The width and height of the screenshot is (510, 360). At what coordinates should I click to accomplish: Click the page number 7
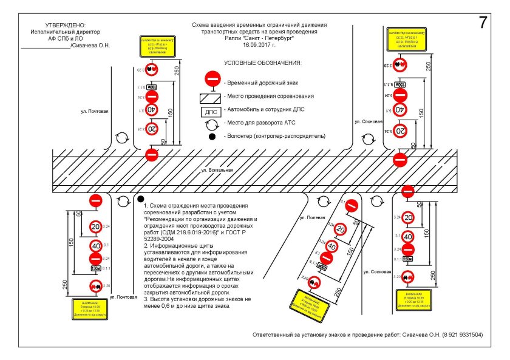(x=483, y=22)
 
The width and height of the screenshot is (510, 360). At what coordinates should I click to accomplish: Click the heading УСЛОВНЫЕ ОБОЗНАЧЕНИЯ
(x=262, y=63)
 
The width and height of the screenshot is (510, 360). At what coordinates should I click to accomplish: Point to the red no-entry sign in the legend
(x=212, y=80)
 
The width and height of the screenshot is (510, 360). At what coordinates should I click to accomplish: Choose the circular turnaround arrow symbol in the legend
(x=212, y=124)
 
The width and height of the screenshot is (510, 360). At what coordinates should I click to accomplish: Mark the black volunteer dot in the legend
(x=212, y=137)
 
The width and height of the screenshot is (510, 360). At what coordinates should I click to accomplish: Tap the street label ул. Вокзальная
(x=217, y=171)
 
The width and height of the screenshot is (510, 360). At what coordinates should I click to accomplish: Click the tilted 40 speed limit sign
(x=331, y=246)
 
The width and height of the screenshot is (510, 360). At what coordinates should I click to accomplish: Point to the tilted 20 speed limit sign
(x=341, y=229)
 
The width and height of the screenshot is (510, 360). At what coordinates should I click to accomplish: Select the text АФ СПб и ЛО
(x=59, y=38)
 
